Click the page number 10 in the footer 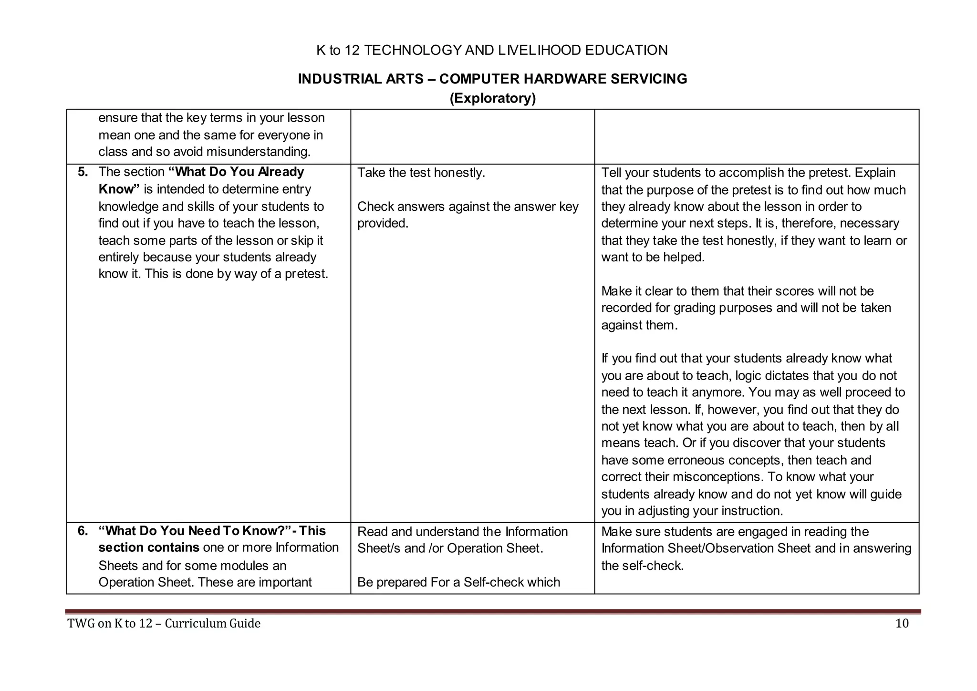902,623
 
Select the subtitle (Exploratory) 492,98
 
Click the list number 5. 83,172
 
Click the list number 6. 83,531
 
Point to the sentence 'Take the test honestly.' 421,173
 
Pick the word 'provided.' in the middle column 383,223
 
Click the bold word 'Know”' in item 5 119,189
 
